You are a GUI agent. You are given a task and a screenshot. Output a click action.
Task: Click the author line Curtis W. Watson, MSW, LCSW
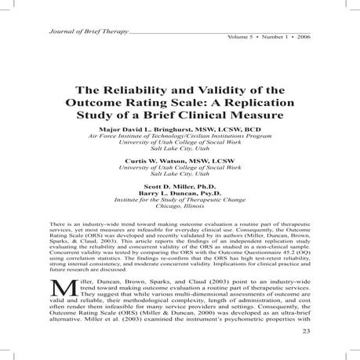(x=180, y=161)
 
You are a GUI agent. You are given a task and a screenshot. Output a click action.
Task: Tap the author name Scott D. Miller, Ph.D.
(x=180, y=185)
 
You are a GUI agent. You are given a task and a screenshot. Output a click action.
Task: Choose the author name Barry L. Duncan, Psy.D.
(x=180, y=192)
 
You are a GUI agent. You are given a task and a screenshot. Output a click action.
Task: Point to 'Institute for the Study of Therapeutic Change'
(x=180, y=200)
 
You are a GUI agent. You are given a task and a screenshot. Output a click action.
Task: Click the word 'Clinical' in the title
(x=208, y=118)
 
